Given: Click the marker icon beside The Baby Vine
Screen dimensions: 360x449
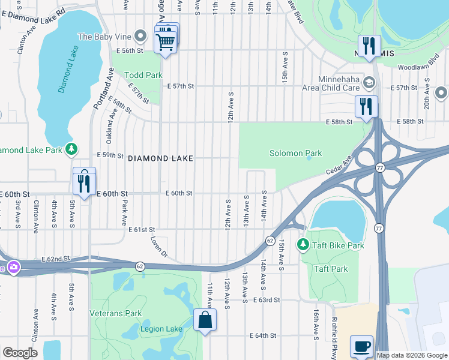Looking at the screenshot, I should [141, 37].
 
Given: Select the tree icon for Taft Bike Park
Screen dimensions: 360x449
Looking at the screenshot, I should [303, 245].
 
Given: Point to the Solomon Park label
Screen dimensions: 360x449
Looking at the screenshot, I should [295, 153].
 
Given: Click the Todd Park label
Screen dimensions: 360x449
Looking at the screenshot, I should [143, 75].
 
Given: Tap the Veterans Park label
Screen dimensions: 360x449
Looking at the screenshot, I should [115, 313].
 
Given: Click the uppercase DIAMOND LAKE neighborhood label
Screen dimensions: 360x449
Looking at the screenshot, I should [160, 158].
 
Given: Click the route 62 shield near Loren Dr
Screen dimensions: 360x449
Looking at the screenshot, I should [139, 265].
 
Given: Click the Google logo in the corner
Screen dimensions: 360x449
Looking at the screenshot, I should [20, 353].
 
